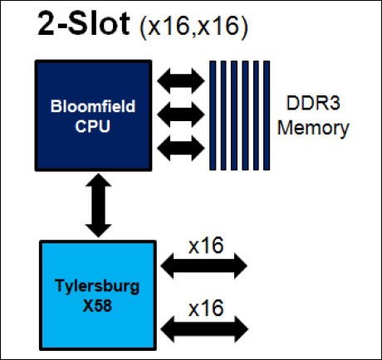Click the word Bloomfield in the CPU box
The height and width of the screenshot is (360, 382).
coord(93,106)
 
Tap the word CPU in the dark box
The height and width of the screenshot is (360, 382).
coord(93,126)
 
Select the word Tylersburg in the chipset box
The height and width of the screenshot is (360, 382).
coord(97,286)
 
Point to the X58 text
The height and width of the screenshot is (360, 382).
coord(97,305)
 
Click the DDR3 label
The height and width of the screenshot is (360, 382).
coord(313,103)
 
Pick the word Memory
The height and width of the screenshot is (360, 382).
coord(313,128)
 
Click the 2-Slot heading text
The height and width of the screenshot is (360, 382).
coord(84,23)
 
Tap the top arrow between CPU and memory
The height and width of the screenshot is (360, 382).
coord(181,81)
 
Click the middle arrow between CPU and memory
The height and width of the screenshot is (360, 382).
coord(181,114)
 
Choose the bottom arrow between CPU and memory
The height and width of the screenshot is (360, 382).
coord(181,148)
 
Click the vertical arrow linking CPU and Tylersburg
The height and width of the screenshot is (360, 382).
coord(98,205)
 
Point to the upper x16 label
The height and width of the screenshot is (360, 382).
coord(206,246)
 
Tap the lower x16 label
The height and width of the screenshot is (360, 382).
coord(206,308)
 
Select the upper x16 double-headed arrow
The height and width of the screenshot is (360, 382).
coord(203,265)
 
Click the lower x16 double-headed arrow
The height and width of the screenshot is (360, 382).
coord(204,329)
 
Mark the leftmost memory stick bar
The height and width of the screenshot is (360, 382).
coord(213,115)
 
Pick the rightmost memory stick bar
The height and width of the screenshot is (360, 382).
coord(267,115)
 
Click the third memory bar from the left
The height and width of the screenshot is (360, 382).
coord(234,115)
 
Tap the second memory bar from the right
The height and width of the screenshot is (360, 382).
coord(256,115)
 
